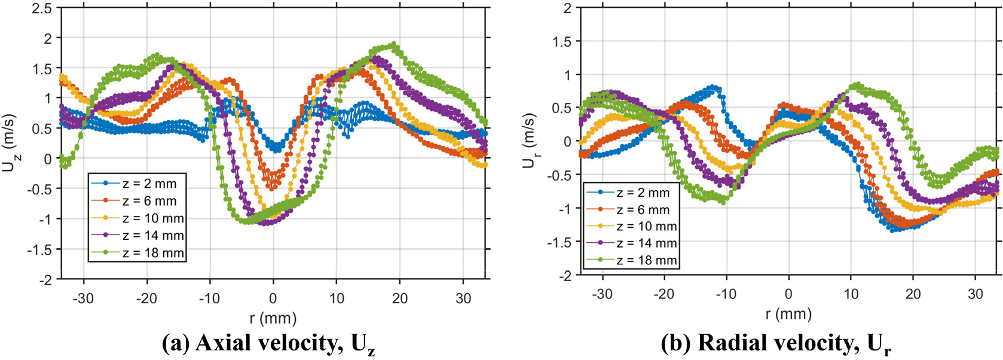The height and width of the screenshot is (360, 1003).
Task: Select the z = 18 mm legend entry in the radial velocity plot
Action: (631, 260)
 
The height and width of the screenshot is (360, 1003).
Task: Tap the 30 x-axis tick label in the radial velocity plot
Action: (976, 294)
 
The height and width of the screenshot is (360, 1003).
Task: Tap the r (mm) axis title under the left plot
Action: (273, 318)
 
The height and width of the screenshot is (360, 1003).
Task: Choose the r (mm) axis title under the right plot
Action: (788, 315)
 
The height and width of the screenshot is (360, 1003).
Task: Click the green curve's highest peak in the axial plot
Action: (393, 44)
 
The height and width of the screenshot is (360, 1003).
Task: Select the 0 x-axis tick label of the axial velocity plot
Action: (273, 298)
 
